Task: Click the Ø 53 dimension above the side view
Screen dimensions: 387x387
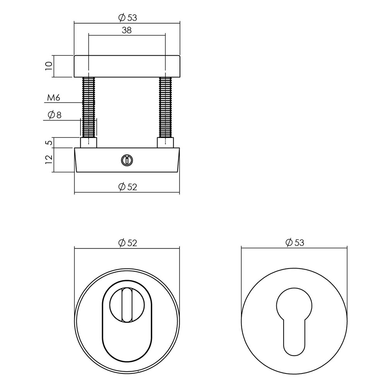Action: [127, 17]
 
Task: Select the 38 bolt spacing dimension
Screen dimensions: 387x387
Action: [127, 31]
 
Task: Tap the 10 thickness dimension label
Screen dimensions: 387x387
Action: [48, 65]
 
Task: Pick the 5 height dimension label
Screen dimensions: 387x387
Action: [48, 142]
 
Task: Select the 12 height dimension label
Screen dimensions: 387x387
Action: [48, 159]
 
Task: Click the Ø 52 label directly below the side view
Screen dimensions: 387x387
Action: [127, 187]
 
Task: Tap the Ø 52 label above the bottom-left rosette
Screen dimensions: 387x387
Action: [127, 243]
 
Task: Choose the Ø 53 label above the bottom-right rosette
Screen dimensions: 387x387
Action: [294, 243]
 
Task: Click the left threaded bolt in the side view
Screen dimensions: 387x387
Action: [89, 106]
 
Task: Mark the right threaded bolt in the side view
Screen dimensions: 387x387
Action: [166, 106]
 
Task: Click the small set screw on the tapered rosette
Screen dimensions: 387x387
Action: [125, 159]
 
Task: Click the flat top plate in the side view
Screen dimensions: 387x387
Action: [127, 66]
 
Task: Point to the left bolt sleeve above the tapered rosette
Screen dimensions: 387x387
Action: [89, 142]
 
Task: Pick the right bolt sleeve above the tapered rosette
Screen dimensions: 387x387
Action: [166, 142]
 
